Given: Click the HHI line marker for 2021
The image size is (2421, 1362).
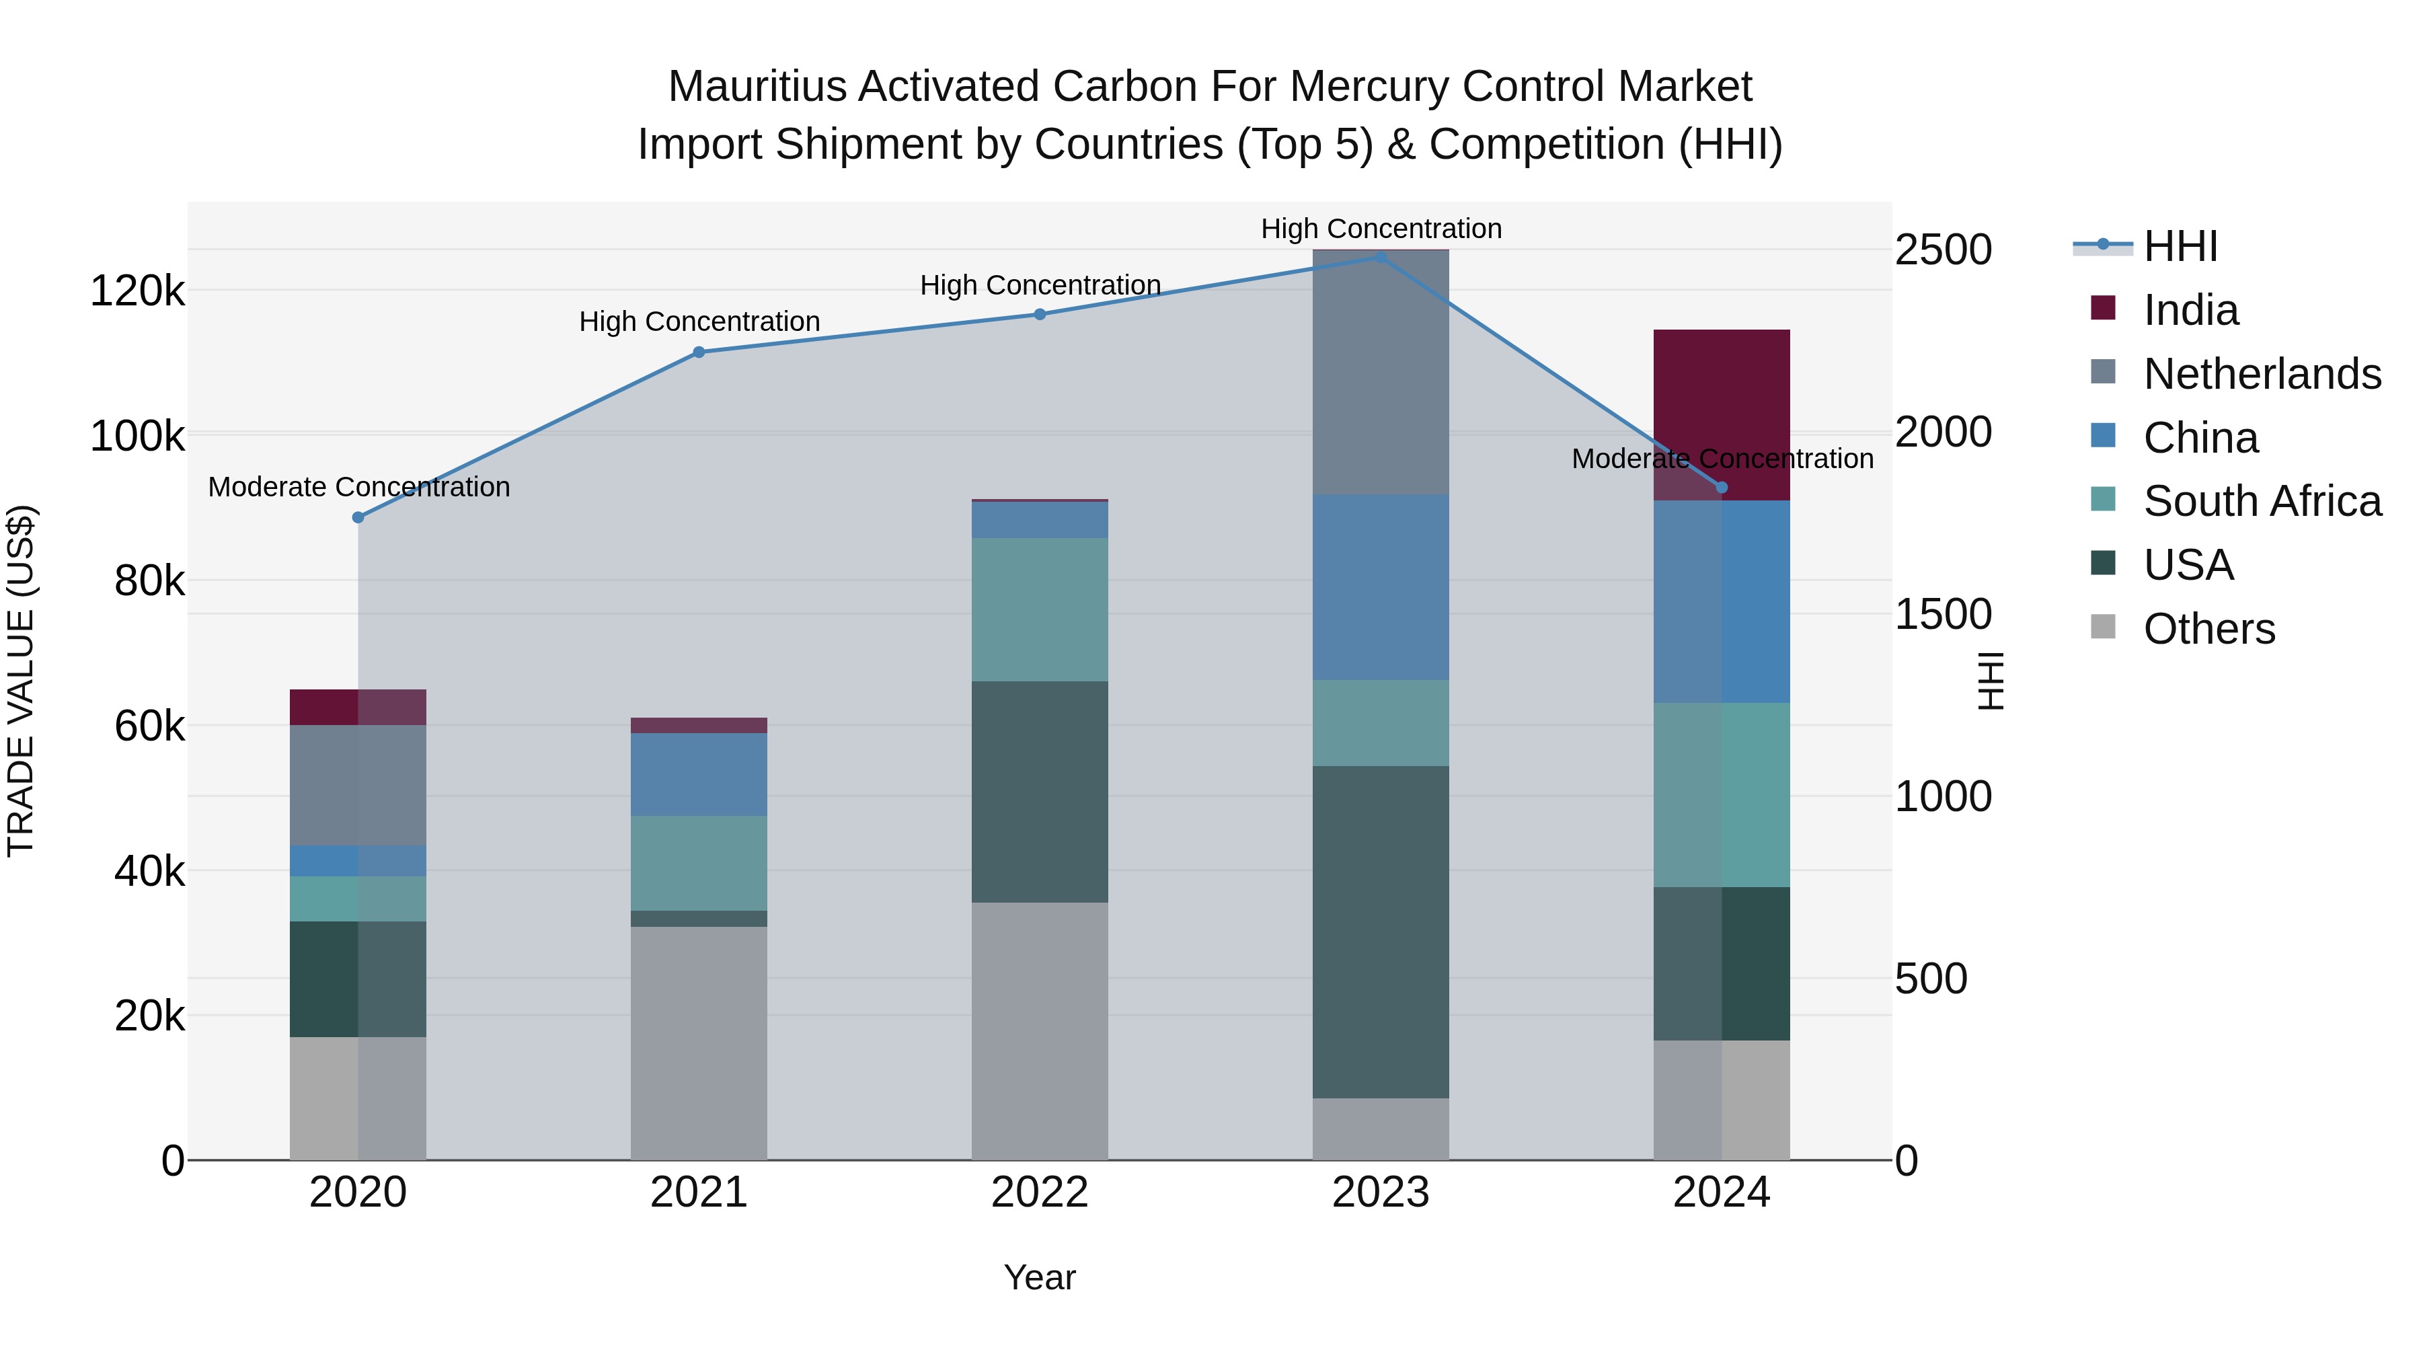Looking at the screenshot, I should (698, 352).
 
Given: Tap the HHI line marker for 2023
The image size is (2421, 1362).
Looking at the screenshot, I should (1381, 257).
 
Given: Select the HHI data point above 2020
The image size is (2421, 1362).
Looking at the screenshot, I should (358, 517).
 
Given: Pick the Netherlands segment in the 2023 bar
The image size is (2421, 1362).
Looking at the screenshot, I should (1381, 372).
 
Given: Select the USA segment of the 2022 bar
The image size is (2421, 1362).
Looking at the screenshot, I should (1040, 792).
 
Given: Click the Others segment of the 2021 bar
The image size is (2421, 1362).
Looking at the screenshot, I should (698, 1043).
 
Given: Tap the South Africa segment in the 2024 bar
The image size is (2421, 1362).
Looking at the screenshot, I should (1722, 794).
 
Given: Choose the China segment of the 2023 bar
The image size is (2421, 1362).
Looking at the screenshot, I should (1381, 587).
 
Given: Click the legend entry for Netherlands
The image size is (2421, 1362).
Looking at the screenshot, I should (2261, 374).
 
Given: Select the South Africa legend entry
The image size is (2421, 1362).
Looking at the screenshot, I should (2261, 501).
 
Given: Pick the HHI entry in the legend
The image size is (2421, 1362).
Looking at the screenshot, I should (2180, 246).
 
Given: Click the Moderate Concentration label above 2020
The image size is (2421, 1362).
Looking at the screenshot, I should (359, 487).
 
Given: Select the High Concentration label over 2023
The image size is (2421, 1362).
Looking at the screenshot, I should (1381, 229).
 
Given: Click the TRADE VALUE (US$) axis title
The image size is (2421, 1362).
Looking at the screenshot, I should (21, 681).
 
